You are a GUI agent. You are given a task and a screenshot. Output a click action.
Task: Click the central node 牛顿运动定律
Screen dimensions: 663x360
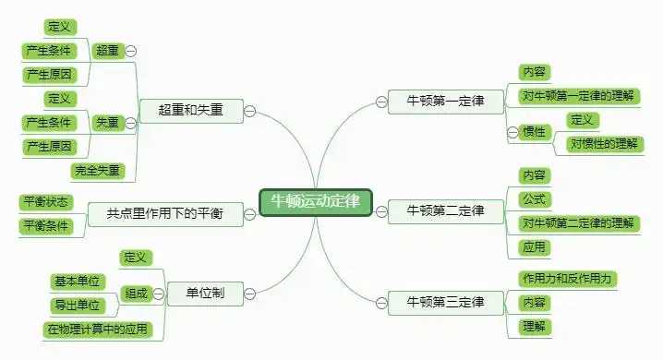(316, 202)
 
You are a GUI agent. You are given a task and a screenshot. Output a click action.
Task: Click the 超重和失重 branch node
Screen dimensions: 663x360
(190, 110)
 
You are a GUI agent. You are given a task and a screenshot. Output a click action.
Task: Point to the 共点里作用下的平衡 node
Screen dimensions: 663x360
(166, 214)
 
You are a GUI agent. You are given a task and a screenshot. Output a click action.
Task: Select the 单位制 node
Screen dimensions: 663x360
(205, 294)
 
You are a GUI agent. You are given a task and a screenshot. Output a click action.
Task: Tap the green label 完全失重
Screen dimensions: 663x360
(97, 171)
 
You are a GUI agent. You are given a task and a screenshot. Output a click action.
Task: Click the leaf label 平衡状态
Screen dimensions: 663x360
(44, 202)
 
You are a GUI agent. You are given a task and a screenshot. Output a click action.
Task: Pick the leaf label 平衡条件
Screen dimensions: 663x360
(44, 226)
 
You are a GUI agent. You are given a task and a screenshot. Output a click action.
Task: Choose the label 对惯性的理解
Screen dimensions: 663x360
(606, 143)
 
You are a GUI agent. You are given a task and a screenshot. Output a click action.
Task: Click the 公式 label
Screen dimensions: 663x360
(534, 198)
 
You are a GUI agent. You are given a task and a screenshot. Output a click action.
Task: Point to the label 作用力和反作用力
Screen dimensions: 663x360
(568, 279)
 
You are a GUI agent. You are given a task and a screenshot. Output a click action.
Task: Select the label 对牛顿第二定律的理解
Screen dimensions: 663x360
(579, 222)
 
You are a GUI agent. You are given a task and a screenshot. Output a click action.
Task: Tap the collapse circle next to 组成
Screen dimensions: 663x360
(157, 294)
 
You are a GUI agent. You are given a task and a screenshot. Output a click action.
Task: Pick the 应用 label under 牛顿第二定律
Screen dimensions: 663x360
(534, 247)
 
